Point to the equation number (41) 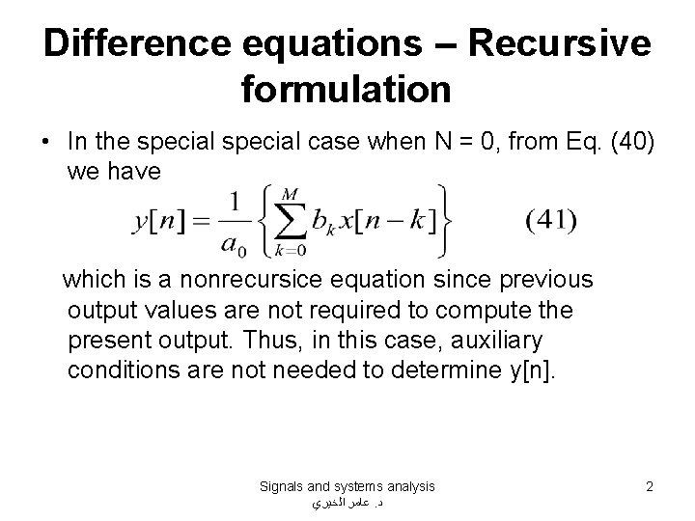[x=551, y=221]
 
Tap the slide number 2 [x=650, y=487]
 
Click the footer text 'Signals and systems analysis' [x=347, y=487]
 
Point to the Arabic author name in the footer [x=347, y=504]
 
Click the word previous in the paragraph [x=543, y=279]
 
